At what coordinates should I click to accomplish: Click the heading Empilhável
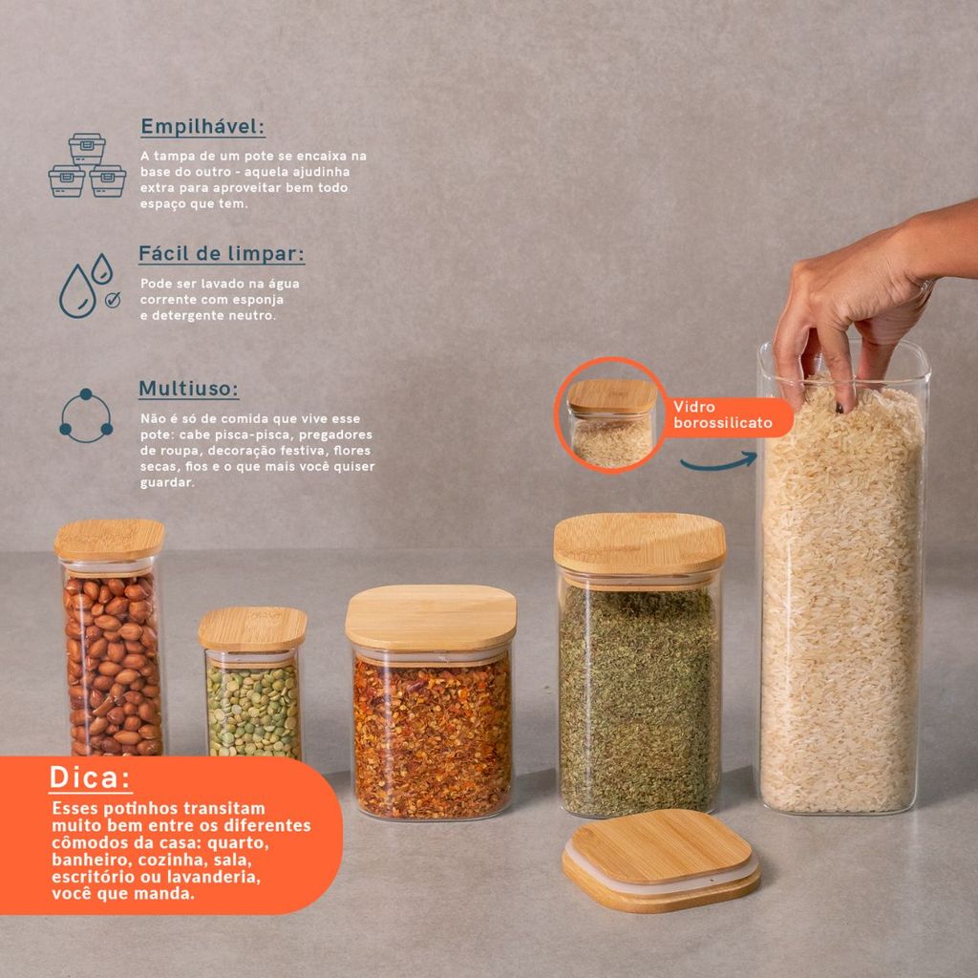pos(202,127)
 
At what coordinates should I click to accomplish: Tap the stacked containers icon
pos(87,165)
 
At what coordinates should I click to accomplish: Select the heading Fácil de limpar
pos(222,254)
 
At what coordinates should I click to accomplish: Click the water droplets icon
pos(89,286)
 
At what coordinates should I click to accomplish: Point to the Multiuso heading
pos(188,389)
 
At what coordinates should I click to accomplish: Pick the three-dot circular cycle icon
pos(86,416)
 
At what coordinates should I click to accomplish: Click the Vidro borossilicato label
pos(723,415)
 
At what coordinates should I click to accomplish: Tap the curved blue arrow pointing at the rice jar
pos(718,463)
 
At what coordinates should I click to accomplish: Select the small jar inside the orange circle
pos(612,423)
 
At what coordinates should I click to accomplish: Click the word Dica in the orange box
pos(90,777)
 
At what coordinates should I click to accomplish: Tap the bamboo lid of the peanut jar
pos(110,541)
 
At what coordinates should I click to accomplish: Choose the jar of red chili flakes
pos(431,703)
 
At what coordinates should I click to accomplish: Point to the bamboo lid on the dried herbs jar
pos(639,543)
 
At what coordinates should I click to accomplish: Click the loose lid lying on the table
pos(661,861)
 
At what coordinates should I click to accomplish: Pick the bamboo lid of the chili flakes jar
pos(431,618)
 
